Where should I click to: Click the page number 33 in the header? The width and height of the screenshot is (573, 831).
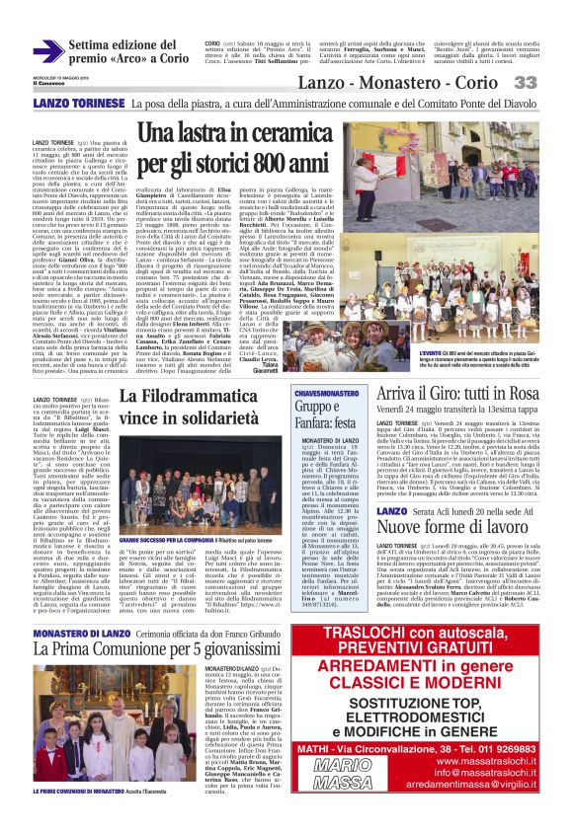(552, 83)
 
